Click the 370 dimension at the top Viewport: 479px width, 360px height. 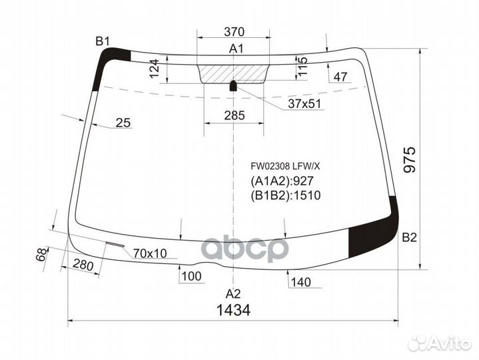tap(234, 31)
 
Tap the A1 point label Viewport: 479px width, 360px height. tap(237, 48)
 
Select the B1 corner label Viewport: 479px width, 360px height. tap(102, 41)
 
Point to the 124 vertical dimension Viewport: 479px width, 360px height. tap(155, 69)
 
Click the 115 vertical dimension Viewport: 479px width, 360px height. tap(304, 69)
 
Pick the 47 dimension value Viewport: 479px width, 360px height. tap(341, 77)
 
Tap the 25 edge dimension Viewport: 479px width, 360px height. tap(123, 122)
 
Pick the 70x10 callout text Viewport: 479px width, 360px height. tap(151, 253)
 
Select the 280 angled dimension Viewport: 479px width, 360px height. tap(83, 265)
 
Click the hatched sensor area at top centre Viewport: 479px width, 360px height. tap(234, 73)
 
